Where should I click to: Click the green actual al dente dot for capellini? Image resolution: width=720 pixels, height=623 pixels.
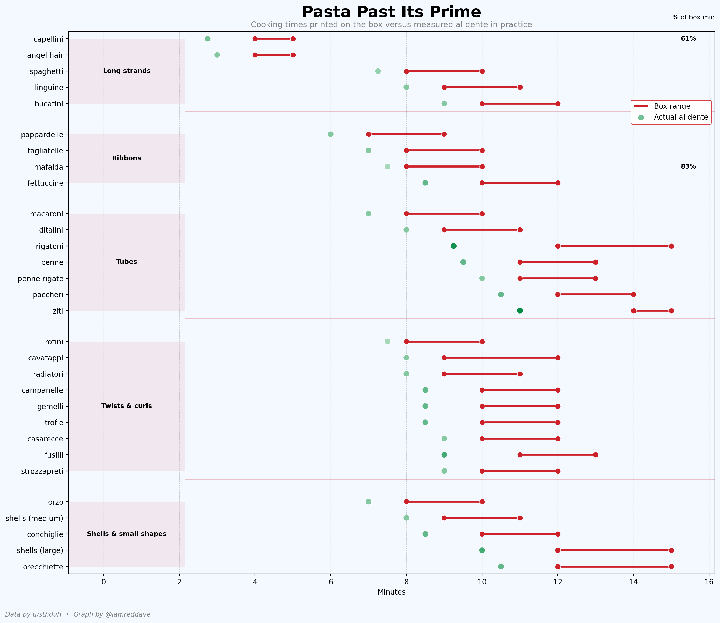208,39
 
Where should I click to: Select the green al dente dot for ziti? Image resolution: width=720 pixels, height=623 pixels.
520,311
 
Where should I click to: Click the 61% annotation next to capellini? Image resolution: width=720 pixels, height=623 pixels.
688,39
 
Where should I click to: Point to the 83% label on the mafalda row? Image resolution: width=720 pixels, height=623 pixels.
688,166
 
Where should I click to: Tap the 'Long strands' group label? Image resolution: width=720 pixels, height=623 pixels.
127,71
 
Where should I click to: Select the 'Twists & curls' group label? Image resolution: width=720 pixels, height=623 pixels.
127,406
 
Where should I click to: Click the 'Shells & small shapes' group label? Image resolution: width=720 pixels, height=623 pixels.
127,534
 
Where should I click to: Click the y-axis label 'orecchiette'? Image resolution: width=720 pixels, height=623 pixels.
43,567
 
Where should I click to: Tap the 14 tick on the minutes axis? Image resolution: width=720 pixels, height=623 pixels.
634,582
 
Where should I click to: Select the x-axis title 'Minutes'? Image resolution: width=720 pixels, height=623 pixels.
391,592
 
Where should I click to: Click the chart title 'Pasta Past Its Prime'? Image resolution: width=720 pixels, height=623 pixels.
391,12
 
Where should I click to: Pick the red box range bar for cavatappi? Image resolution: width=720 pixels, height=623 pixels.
501,358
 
